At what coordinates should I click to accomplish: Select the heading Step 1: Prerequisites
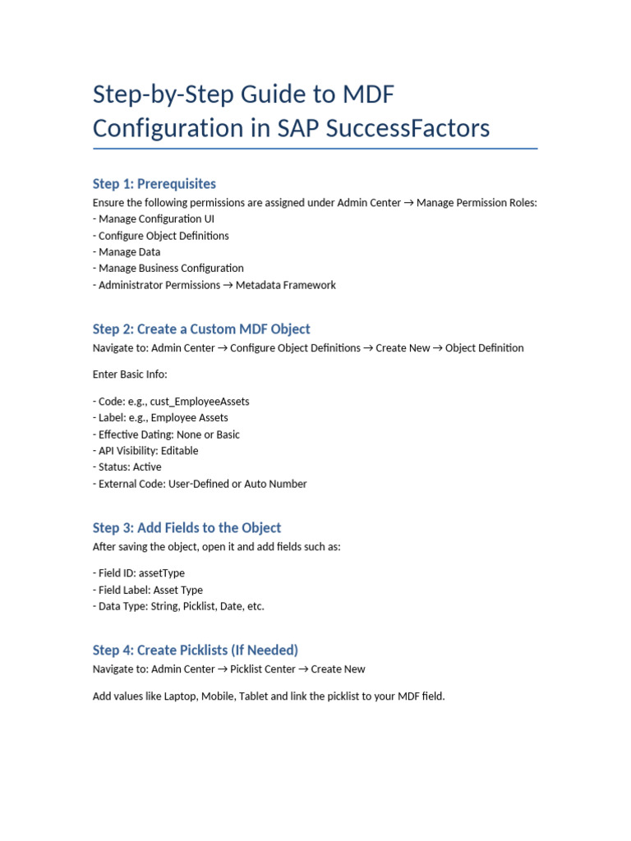tap(154, 184)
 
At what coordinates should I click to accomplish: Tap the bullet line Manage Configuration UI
tap(154, 218)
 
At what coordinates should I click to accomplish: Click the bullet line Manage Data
tap(127, 252)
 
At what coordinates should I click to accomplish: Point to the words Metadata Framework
tap(285, 285)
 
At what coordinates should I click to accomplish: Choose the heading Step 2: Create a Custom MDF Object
tap(201, 329)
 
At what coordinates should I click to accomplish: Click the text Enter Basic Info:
tap(130, 375)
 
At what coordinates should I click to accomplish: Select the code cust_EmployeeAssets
tap(200, 402)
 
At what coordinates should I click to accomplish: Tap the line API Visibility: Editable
tap(145, 451)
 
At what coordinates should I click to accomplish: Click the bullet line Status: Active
tap(127, 467)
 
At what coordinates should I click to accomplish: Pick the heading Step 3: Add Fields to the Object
tap(187, 528)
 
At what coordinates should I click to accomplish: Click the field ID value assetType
tap(162, 573)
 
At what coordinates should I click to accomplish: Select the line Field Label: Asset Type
tap(148, 590)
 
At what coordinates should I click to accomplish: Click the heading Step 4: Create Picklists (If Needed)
tap(196, 650)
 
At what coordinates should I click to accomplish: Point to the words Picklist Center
tap(263, 669)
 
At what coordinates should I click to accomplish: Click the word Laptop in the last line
tap(181, 696)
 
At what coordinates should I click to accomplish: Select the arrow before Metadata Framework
tap(228, 285)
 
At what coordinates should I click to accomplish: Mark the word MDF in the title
tap(369, 94)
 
